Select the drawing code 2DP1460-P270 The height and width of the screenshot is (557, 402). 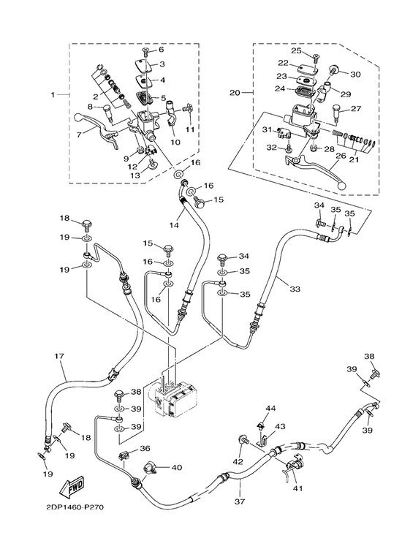click(x=75, y=507)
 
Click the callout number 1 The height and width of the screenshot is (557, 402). click(x=53, y=94)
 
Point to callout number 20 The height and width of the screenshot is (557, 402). click(x=235, y=92)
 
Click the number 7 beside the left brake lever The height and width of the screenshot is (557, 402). click(x=78, y=134)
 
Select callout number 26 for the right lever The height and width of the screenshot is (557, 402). click(x=341, y=156)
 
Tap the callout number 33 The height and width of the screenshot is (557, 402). click(x=295, y=289)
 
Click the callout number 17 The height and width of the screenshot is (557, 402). click(x=59, y=355)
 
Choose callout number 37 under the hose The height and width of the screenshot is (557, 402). click(x=240, y=501)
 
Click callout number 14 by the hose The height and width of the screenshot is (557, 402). click(x=174, y=225)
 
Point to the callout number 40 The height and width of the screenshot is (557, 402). click(x=176, y=467)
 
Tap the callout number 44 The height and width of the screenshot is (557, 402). click(x=270, y=409)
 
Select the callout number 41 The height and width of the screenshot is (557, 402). click(x=297, y=488)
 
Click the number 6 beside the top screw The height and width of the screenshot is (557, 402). click(x=162, y=50)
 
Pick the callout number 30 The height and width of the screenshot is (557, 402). click(x=355, y=74)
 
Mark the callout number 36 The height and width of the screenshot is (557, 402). click(x=145, y=449)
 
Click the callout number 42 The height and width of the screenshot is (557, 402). click(x=238, y=461)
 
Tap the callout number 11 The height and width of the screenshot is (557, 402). click(x=190, y=129)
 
